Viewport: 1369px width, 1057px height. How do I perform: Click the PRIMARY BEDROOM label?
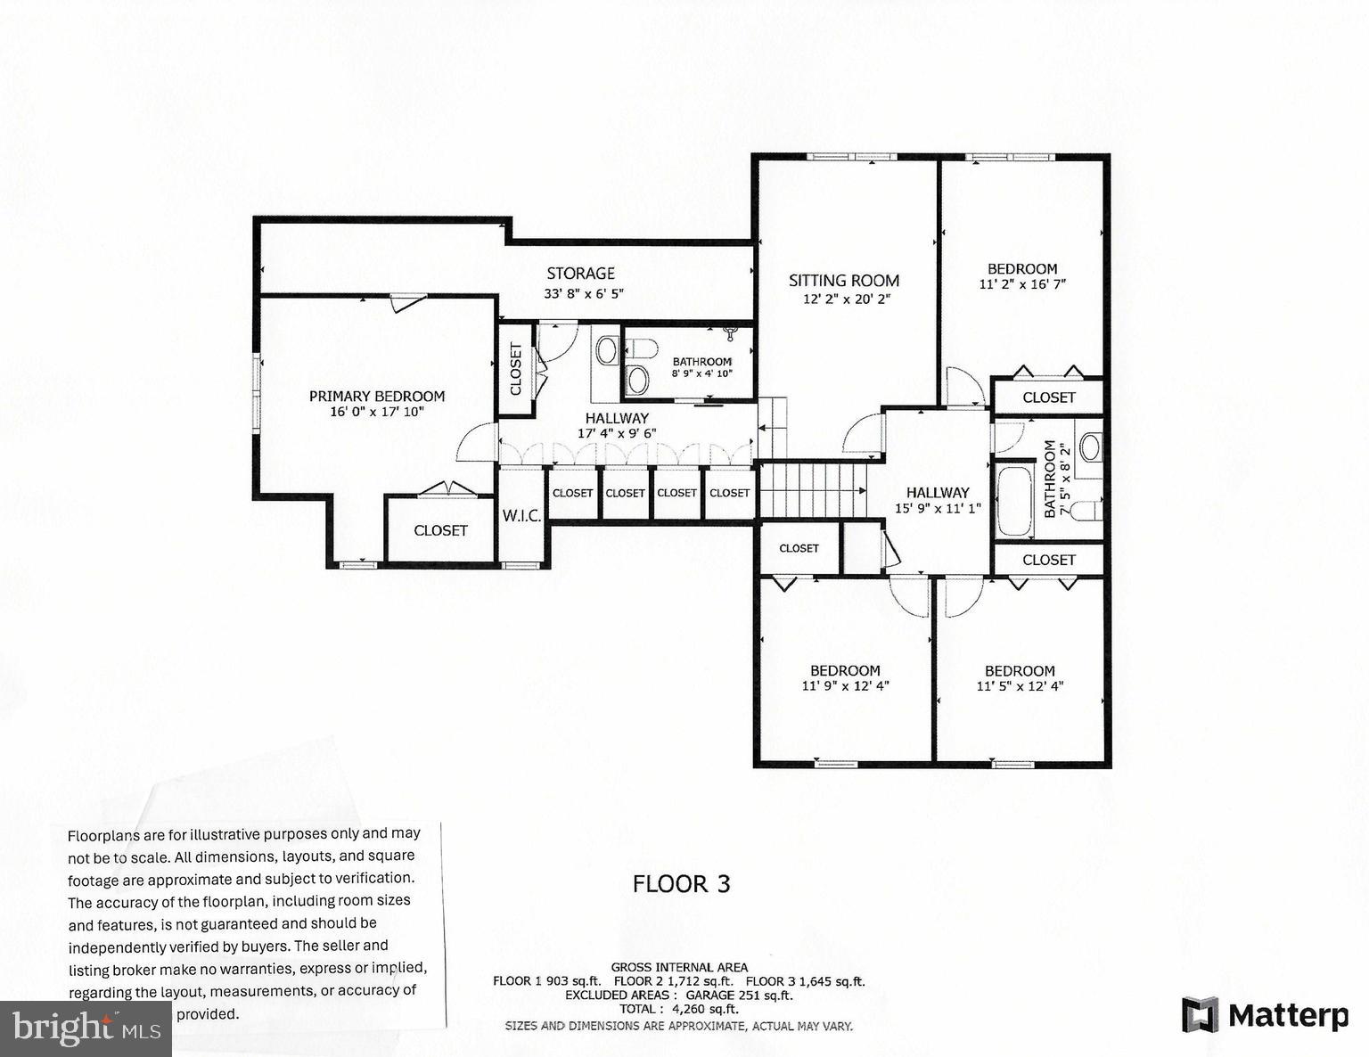pos(376,397)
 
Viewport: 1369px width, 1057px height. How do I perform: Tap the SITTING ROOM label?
pos(844,281)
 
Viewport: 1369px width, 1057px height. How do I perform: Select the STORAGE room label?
pos(580,274)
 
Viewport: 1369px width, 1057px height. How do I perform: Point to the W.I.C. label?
pos(521,516)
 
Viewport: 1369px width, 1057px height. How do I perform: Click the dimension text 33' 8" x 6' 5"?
pos(584,293)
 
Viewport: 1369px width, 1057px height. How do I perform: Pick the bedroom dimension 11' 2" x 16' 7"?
pos(1022,284)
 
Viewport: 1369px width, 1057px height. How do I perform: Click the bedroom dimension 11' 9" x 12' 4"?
pos(845,686)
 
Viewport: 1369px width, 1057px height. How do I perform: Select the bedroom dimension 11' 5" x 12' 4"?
pos(1020,686)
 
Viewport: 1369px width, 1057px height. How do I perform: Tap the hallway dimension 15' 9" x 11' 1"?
pos(938,509)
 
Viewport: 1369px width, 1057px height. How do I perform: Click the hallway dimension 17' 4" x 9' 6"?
pos(617,434)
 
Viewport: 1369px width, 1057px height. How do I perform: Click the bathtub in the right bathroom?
pos(1014,500)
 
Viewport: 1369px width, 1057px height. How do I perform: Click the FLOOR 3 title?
pos(681,884)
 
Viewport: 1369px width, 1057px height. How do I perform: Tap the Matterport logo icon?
pos(1200,1015)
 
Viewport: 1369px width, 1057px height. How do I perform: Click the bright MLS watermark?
pos(86,1029)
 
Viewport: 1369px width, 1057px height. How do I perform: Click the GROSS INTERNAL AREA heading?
pos(679,967)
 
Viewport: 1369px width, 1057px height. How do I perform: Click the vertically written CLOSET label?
pos(515,369)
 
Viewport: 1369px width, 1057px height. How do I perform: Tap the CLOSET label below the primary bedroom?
pos(440,530)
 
